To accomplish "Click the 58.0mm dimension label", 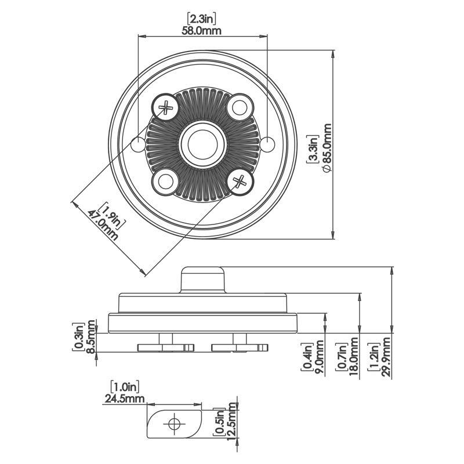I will tap(202, 31).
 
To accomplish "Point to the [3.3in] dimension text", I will tap(313, 150).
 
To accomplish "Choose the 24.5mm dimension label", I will tap(124, 398).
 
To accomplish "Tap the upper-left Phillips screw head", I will tap(166, 107).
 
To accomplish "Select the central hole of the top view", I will tap(202, 144).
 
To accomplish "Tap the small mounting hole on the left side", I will tap(139, 144).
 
